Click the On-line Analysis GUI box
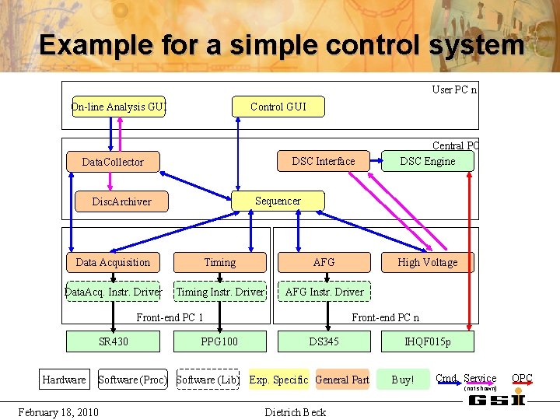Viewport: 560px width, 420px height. [x=118, y=107]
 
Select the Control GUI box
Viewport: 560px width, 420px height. [x=278, y=107]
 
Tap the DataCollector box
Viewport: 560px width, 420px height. [x=113, y=162]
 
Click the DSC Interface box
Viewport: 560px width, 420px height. [x=323, y=161]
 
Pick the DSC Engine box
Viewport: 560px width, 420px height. [x=427, y=161]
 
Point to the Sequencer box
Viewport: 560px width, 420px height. [x=278, y=201]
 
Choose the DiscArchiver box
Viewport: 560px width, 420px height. [x=121, y=201]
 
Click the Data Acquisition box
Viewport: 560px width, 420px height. [x=113, y=262]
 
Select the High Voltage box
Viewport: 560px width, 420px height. [x=427, y=262]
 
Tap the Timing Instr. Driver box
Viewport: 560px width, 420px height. [x=220, y=292]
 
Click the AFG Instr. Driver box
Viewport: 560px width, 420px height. [x=324, y=292]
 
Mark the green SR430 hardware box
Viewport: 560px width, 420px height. [x=114, y=341]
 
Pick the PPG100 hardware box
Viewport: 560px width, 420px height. [x=219, y=341]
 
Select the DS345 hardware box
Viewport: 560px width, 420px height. [x=324, y=341]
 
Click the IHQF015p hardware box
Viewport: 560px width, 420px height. [x=427, y=341]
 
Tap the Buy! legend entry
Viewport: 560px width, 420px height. [x=402, y=380]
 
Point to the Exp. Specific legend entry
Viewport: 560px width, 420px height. [x=278, y=380]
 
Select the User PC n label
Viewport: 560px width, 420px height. [x=454, y=89]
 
